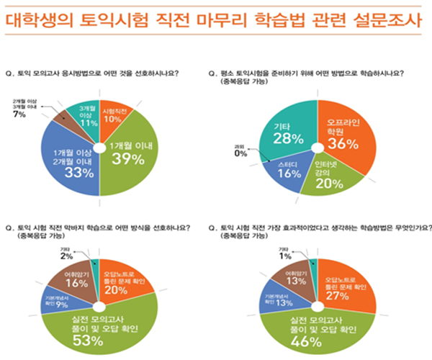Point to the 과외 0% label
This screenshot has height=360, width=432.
click(240, 153)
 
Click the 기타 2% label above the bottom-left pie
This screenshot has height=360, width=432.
click(66, 251)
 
